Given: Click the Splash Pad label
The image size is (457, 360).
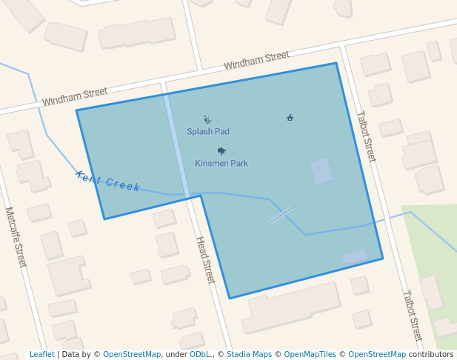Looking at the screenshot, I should tap(207, 132).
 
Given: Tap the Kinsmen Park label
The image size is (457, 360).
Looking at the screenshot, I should tap(221, 163).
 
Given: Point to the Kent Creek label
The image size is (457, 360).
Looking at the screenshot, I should tap(107, 181).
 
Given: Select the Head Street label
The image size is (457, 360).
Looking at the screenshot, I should tap(204, 260).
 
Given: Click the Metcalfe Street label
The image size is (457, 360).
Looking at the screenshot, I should tap(16, 237).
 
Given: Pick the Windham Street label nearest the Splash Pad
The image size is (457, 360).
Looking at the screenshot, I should tap(256, 60).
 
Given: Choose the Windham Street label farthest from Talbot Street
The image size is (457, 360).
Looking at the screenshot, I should tap(75, 96).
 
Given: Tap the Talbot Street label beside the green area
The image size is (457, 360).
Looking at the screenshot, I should tap(412, 315).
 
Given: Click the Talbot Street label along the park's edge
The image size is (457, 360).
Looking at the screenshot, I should tap(366, 136).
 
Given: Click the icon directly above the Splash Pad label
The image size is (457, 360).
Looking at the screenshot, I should tap(207, 119).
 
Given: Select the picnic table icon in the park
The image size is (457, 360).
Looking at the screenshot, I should tap(290, 117).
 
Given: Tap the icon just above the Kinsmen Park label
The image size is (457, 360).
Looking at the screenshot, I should tap(221, 151).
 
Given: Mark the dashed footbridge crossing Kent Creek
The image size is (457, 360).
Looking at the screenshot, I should tap(281, 215).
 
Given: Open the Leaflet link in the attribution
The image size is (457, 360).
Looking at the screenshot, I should tap(41, 355).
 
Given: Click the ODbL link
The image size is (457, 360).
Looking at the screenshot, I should tap(201, 355).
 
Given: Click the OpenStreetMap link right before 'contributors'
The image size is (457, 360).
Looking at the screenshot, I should tap(377, 355).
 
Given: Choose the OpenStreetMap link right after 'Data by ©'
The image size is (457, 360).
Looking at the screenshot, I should tap(132, 355).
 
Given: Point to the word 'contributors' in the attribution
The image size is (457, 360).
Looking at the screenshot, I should tap(431, 355).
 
